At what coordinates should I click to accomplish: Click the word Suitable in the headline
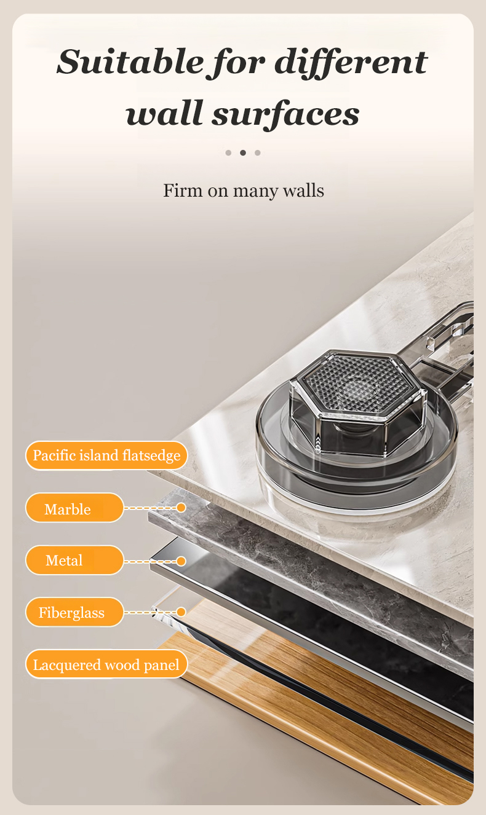130,62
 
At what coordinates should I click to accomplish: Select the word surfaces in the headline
286,114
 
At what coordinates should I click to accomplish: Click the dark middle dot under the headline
243,153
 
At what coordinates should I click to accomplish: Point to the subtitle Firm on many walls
243,191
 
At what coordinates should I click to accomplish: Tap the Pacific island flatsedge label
106,455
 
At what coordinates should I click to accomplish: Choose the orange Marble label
74,508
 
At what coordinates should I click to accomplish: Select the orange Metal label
74,560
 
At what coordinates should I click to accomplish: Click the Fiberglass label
74,612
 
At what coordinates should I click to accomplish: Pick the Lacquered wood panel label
106,664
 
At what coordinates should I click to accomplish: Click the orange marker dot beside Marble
181,508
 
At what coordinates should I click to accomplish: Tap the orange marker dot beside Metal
181,561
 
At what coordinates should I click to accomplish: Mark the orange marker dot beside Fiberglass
181,612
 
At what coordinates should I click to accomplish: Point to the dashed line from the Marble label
150,508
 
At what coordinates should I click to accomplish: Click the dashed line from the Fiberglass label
150,612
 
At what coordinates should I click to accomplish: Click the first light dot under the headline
228,153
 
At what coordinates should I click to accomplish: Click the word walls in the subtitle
304,191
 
